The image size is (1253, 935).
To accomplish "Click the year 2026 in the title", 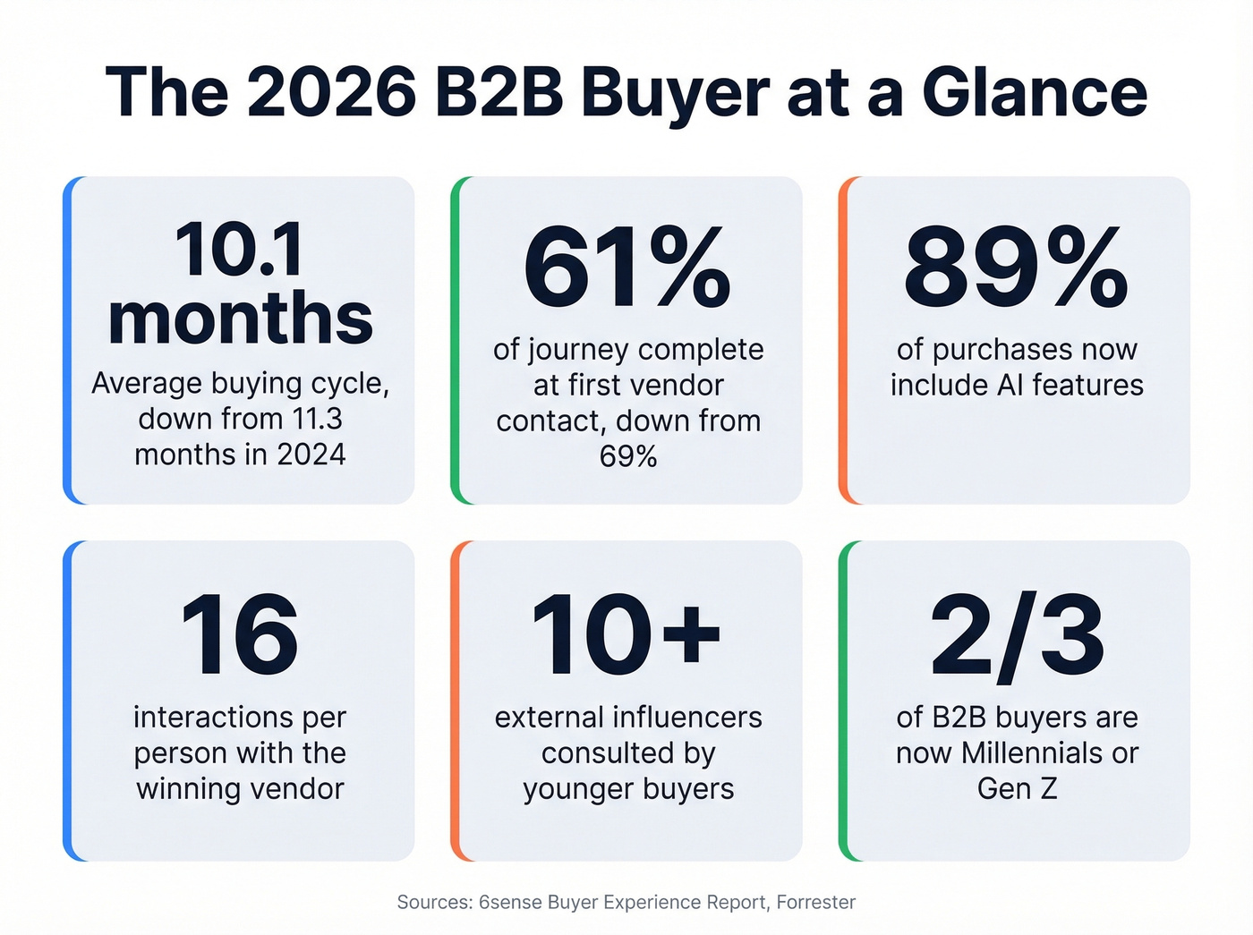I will click(331, 92).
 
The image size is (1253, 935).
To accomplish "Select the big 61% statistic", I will click(626, 267).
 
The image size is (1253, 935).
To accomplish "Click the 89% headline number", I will click(1016, 267).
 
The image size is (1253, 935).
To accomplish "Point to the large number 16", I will click(239, 634).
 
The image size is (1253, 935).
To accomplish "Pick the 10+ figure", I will click(626, 634).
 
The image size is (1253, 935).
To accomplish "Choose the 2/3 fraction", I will click(1017, 634).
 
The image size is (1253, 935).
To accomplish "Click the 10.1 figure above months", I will click(239, 250).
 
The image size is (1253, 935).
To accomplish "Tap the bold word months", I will click(240, 318).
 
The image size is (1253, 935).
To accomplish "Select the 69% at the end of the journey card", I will click(628, 456).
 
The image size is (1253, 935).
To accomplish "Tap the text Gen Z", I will click(1017, 788).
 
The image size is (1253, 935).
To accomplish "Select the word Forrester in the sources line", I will click(815, 902).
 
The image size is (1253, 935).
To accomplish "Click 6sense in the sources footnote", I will click(510, 902).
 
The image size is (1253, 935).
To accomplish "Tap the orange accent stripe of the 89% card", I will click(843, 340).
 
